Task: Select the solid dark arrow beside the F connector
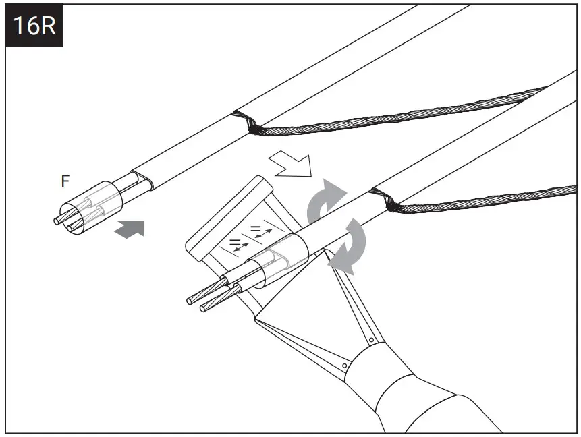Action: pyautogui.click(x=130, y=230)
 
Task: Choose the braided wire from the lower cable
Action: pyautogui.click(x=486, y=196)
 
